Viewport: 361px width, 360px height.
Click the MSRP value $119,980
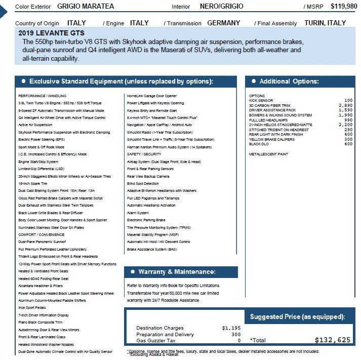343,6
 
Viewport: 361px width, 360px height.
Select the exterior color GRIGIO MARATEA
86,6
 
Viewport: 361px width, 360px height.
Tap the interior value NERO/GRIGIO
221,6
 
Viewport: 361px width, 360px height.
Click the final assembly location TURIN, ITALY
325,23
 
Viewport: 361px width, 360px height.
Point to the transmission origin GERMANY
224,23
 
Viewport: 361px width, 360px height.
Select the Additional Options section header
289,82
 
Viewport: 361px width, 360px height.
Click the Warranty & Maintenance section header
177,272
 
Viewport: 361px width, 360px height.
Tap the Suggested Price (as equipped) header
297,317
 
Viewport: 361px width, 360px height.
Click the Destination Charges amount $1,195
231,328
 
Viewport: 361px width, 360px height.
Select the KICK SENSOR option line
261,101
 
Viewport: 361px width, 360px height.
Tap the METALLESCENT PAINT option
269,153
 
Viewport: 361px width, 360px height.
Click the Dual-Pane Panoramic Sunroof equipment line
42,242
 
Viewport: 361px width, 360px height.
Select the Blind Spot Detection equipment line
143,183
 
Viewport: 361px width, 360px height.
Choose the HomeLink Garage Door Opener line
152,96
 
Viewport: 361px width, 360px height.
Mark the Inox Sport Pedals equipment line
32,307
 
